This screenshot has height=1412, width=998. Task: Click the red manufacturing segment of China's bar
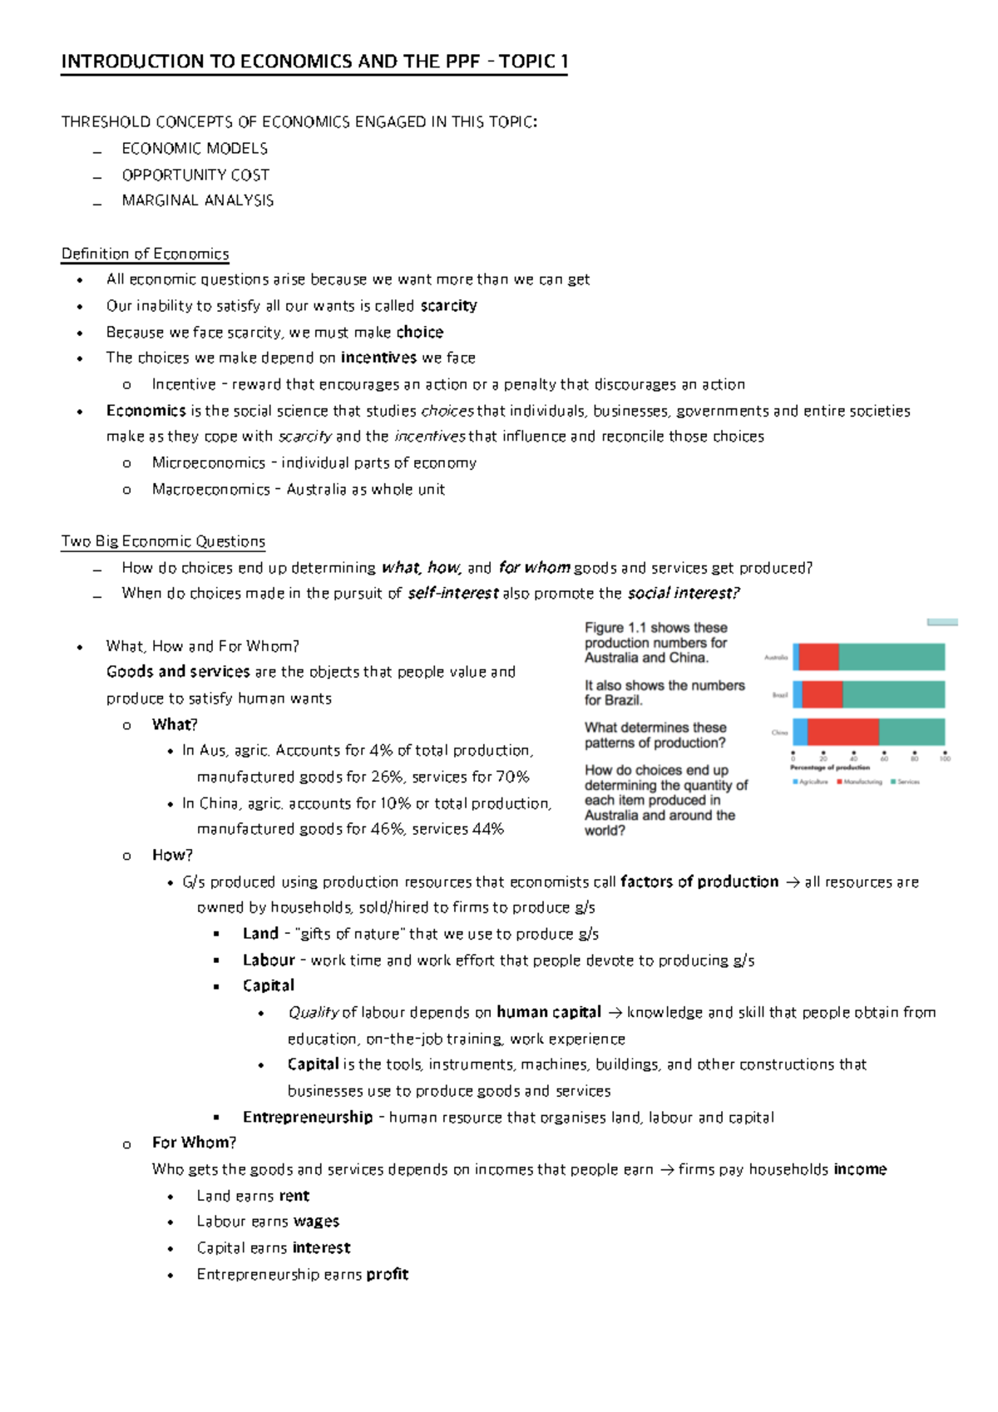[842, 732]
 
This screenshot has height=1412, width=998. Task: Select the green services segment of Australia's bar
[891, 657]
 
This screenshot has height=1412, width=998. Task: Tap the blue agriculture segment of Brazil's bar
[798, 694]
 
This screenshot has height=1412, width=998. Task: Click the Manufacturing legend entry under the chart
[862, 782]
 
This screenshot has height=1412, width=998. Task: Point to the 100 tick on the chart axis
[945, 758]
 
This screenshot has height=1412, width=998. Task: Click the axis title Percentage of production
[829, 768]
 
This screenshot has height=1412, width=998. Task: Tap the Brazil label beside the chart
[779, 695]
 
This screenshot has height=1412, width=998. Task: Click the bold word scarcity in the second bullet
[448, 306]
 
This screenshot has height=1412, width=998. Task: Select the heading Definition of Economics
[145, 254]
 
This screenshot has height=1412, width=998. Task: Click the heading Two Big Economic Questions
[163, 541]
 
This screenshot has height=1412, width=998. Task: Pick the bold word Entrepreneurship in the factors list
[307, 1117]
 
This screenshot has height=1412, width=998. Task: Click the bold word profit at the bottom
[387, 1274]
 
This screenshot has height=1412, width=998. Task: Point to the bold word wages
[316, 1222]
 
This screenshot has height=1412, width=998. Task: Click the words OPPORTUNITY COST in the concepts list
[195, 175]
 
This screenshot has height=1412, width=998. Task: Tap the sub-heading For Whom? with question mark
[194, 1143]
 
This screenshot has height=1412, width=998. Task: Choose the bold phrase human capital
[548, 1012]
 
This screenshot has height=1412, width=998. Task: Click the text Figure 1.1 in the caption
[615, 628]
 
